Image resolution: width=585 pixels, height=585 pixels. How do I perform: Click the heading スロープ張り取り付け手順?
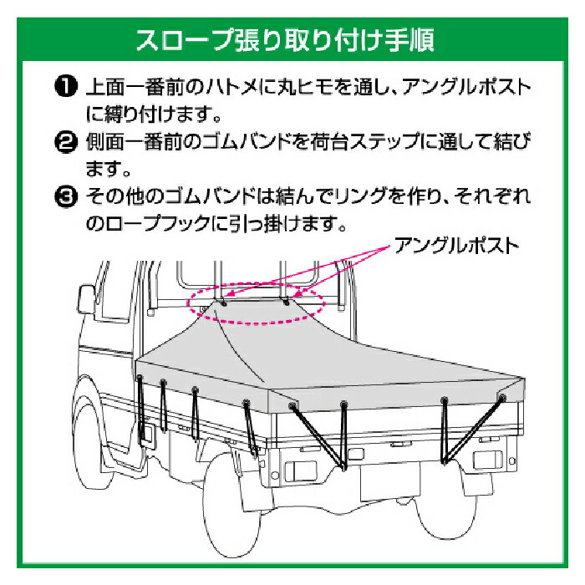click(286, 39)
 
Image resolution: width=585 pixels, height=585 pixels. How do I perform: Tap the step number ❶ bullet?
click(66, 87)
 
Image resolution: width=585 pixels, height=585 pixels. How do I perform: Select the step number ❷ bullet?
click(66, 142)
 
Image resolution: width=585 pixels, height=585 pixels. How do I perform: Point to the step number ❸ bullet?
click(66, 196)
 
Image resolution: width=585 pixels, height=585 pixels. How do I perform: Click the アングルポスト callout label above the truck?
click(457, 246)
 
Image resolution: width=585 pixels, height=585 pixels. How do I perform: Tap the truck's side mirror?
click(87, 299)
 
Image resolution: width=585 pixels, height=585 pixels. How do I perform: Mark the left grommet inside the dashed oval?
click(224, 303)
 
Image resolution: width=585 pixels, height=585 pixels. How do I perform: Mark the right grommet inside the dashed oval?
click(287, 303)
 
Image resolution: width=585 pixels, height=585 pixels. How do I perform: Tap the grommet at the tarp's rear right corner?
click(502, 398)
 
